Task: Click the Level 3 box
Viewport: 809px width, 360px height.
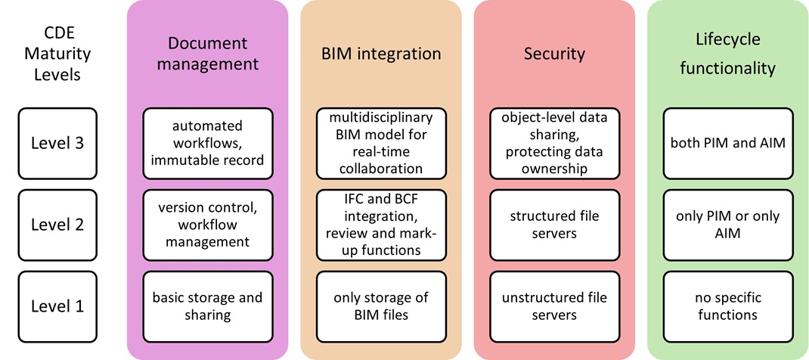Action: tap(57, 144)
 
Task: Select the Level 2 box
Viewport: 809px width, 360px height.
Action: tap(57, 225)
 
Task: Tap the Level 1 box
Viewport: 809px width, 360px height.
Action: tap(57, 306)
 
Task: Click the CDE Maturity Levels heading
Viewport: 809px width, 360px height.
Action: tap(57, 53)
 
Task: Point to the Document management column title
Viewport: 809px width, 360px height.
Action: tap(207, 53)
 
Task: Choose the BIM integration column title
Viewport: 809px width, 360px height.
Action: tap(381, 54)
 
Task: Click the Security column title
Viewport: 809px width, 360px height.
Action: tap(554, 54)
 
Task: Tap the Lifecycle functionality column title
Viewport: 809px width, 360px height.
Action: tap(727, 53)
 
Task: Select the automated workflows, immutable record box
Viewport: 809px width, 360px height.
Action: tap(207, 144)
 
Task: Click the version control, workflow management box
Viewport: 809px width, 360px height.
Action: tap(207, 225)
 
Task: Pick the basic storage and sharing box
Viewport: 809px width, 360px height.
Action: tap(207, 306)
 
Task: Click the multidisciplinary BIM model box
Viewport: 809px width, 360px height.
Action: tap(381, 144)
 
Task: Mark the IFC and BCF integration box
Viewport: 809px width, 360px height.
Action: tap(381, 225)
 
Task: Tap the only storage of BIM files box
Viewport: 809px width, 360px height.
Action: tap(381, 306)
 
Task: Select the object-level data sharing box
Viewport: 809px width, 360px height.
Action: tap(554, 144)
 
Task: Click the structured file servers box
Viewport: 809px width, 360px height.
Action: tap(554, 225)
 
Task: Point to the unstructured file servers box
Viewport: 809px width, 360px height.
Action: tap(554, 306)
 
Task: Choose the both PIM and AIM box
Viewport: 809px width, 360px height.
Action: tap(727, 144)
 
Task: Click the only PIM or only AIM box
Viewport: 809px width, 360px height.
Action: tap(727, 225)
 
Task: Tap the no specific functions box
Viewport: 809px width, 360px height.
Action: tap(727, 306)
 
